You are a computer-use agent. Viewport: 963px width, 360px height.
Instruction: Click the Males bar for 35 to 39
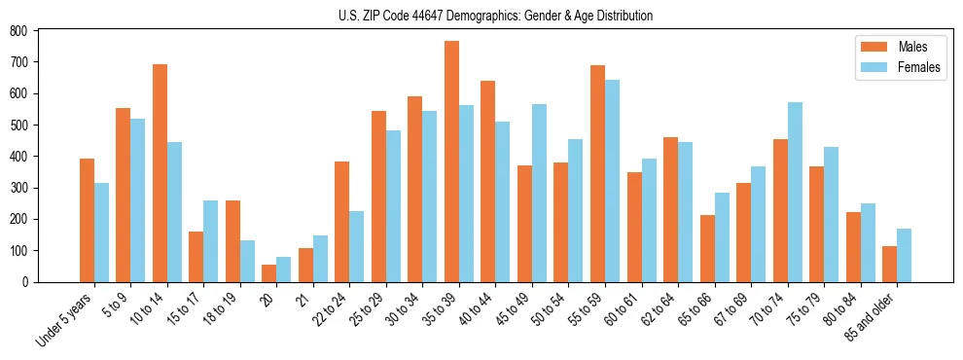coord(451,162)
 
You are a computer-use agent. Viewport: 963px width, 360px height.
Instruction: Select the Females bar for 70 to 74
coord(795,192)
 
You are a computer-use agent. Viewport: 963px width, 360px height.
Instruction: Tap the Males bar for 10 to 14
coord(160,173)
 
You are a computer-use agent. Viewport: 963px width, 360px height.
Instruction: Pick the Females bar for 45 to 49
coord(539,193)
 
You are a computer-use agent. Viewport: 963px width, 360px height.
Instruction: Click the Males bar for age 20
coord(269,273)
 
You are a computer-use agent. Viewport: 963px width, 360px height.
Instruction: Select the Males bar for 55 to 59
coord(597,173)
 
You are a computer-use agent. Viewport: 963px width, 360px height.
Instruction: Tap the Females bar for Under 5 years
coord(101,233)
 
